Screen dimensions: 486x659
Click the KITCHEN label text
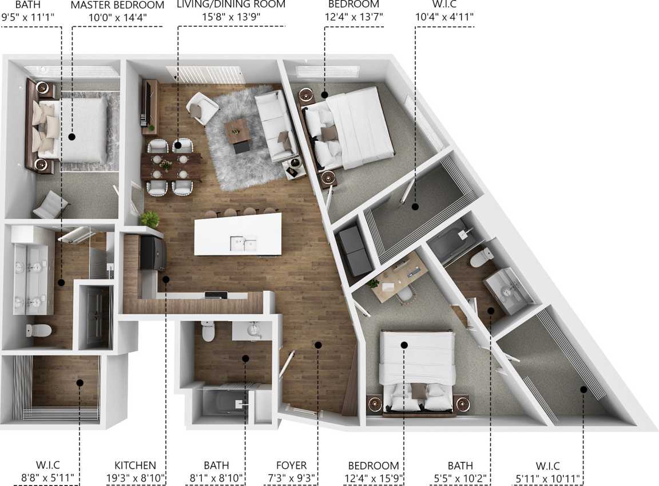[135, 465]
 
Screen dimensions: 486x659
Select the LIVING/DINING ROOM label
[231, 5]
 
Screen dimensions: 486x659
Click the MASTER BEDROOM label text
[117, 5]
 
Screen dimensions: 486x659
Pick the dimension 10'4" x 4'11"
[446, 17]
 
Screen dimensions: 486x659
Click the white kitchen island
[238, 234]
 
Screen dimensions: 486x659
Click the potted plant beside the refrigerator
[150, 219]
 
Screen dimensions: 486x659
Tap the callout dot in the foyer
[318, 345]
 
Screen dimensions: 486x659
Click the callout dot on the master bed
[72, 137]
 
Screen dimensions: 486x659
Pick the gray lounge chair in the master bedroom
[51, 204]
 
